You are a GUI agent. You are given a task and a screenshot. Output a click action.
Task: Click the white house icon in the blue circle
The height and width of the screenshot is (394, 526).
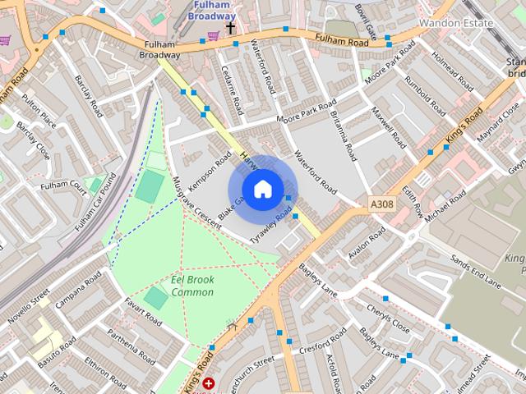click(262, 190)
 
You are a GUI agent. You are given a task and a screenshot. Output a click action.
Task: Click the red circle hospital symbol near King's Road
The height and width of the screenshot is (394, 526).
click(209, 383)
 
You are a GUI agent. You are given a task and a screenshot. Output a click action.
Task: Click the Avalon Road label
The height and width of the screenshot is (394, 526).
click(366, 245)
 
